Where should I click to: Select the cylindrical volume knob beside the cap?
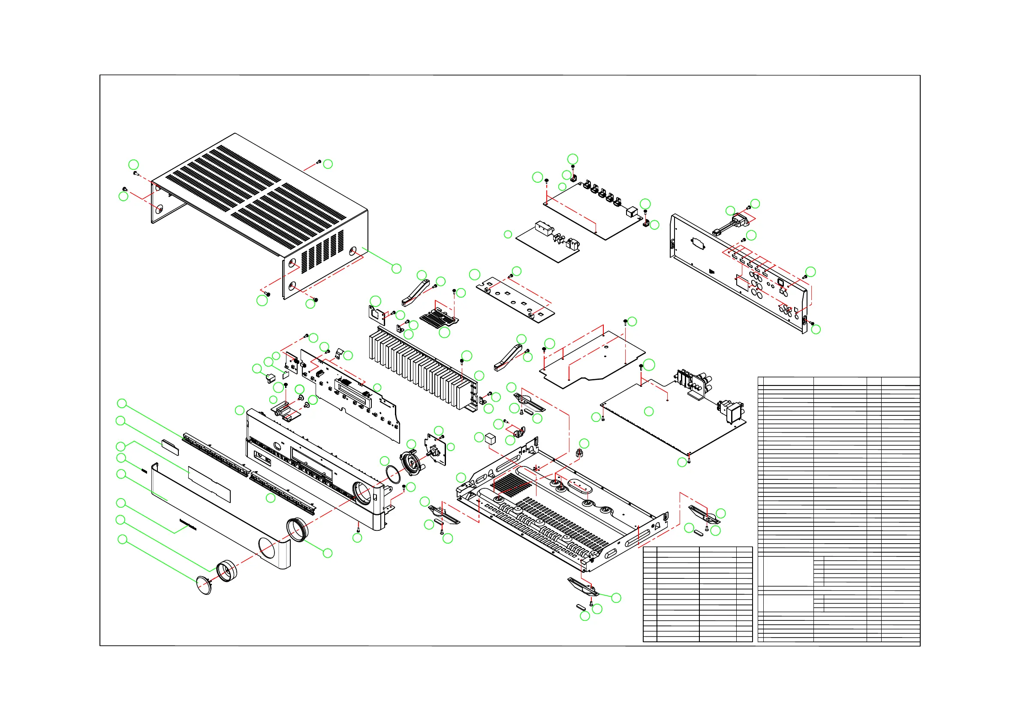(x=227, y=571)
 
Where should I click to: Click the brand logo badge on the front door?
(x=188, y=524)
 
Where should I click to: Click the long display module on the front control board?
(x=353, y=392)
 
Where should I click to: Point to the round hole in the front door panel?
(x=267, y=548)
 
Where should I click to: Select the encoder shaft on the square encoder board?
(x=431, y=454)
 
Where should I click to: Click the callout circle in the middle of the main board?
(x=649, y=412)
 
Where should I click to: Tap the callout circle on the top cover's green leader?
(x=396, y=268)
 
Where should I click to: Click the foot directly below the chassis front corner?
(x=583, y=587)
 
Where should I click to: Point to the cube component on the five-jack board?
(x=632, y=212)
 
